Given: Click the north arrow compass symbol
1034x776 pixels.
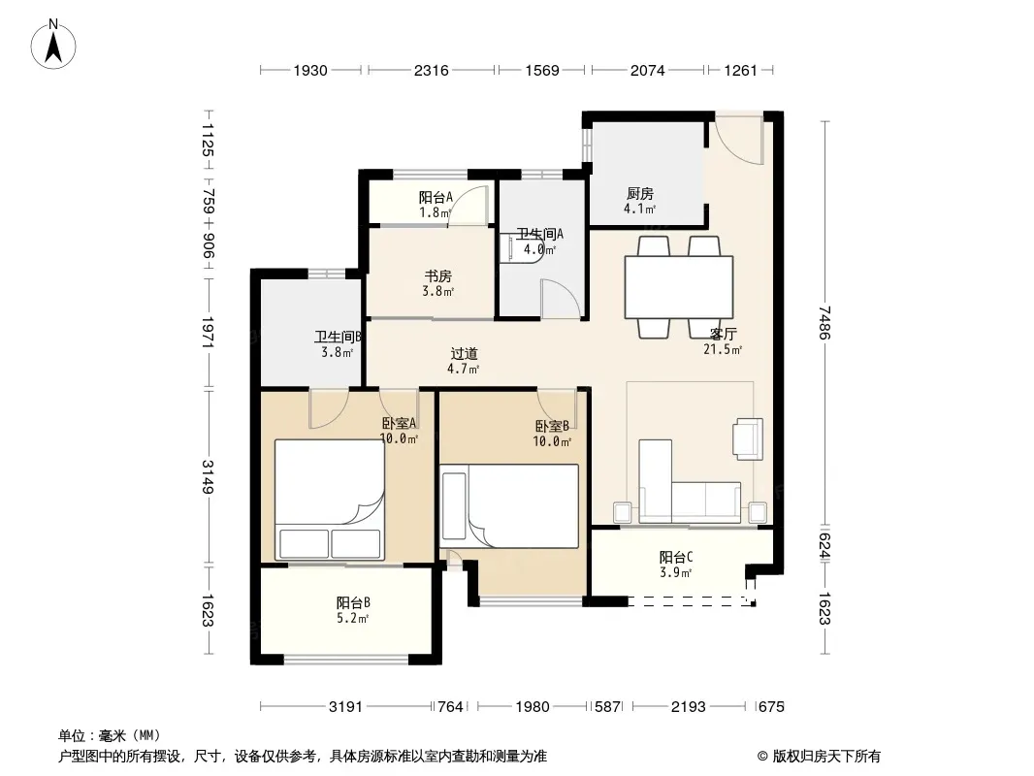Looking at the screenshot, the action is coord(53,45).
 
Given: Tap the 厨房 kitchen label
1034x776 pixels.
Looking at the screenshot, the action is coord(639,194).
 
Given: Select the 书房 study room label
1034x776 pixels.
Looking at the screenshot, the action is coord(437,276).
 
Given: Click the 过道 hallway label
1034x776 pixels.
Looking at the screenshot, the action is coord(464,354).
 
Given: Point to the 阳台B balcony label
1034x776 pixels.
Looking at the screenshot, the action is coord(353,602).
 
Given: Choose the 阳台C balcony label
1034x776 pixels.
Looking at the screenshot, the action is coord(676,557).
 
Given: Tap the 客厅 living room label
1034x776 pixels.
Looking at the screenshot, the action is coord(723,335).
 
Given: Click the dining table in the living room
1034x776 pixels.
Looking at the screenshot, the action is coord(679,287).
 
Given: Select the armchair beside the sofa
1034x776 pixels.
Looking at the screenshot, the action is coord(748,437).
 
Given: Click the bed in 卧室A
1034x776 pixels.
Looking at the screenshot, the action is coord(329,500).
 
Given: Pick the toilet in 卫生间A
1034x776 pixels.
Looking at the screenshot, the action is coord(524,246).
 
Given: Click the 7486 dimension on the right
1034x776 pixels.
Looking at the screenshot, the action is coord(824,322).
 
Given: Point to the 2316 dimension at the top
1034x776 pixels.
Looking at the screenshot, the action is coord(432,70).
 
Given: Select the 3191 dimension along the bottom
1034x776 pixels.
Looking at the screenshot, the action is coord(345,707).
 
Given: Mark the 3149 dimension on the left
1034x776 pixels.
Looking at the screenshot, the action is coord(208,476).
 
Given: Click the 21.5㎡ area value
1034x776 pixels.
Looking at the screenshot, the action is coord(722,349).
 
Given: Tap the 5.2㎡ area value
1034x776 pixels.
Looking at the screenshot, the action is coord(352,618).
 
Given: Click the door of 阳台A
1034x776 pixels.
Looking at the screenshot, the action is coord(469,205).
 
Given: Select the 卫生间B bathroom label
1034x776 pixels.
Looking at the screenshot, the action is coord(338,337).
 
